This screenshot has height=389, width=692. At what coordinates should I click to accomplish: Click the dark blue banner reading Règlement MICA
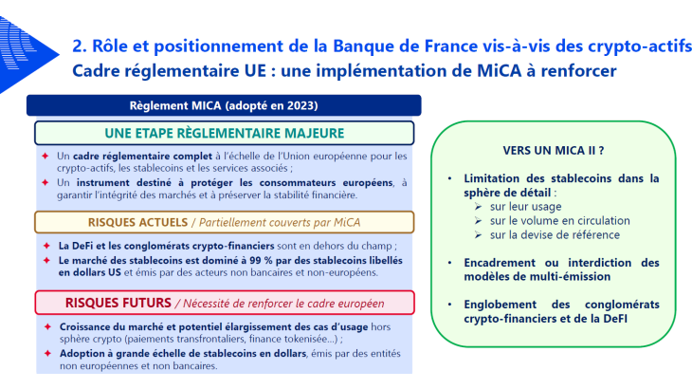223,104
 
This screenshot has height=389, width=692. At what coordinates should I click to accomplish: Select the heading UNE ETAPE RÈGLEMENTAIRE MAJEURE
224,133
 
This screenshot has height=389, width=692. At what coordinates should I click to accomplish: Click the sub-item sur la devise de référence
555,234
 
